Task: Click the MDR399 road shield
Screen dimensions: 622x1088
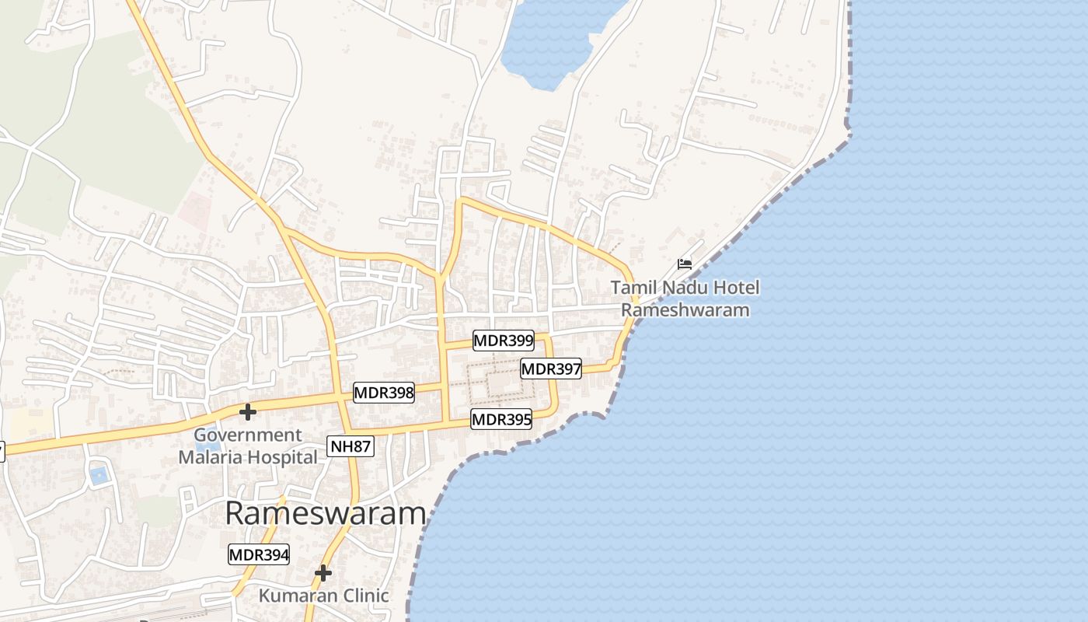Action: (504, 341)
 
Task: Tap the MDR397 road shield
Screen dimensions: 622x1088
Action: (551, 369)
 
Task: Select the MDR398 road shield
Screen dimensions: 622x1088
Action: (384, 393)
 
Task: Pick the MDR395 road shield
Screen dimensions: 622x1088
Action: (501, 420)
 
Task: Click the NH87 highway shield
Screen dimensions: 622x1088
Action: (350, 446)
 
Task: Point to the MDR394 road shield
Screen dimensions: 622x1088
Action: (259, 555)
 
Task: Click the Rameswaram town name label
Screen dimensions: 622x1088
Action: (326, 514)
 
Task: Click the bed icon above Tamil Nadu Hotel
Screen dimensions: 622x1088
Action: (685, 264)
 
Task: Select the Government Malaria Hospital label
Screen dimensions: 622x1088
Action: (248, 446)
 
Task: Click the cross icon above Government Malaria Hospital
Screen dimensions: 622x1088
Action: (248, 411)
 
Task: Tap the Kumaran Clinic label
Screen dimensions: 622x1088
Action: (323, 596)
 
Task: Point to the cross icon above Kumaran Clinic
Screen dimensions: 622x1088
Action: (323, 574)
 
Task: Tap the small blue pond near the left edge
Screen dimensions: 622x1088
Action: (99, 473)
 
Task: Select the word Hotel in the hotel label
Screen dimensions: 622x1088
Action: (734, 288)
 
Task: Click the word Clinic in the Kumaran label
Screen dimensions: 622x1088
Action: (362, 596)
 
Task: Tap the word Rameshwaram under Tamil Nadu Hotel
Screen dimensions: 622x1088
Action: (685, 310)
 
